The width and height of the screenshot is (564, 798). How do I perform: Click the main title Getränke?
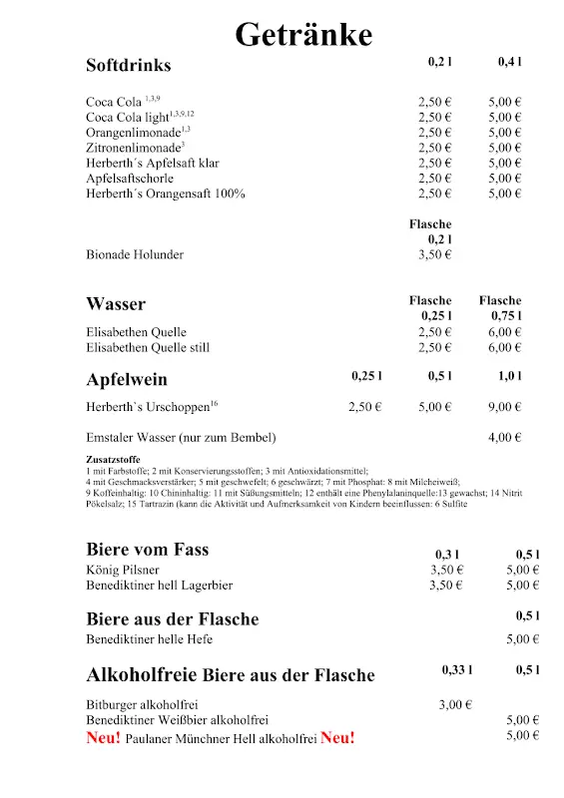tap(303, 35)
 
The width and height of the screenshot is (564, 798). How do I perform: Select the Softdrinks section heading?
tap(129, 66)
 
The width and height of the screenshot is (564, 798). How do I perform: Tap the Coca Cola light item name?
tap(127, 118)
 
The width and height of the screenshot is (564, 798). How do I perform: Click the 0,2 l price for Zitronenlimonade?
tap(435, 148)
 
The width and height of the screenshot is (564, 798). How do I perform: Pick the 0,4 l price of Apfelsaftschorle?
tap(505, 179)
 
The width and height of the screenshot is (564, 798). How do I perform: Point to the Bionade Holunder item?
tap(135, 254)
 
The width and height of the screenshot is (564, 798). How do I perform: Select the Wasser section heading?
tap(116, 304)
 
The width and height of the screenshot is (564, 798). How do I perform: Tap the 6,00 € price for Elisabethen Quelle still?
tap(505, 347)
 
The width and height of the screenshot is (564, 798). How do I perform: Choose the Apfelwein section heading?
tap(127, 380)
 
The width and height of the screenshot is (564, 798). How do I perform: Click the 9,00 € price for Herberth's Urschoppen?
tap(505, 407)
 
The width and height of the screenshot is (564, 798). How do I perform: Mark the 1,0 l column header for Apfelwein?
tap(509, 376)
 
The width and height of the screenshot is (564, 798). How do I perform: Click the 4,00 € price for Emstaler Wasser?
tap(505, 437)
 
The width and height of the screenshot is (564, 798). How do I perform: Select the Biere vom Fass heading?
tap(148, 550)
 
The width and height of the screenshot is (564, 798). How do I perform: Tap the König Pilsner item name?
tap(124, 570)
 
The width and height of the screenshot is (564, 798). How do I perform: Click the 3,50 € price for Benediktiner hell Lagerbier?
tap(446, 586)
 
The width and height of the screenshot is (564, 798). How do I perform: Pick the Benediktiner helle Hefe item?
tap(150, 639)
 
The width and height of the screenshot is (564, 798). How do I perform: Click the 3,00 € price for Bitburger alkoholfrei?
tap(455, 705)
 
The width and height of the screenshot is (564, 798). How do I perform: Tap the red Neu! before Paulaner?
tap(104, 738)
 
